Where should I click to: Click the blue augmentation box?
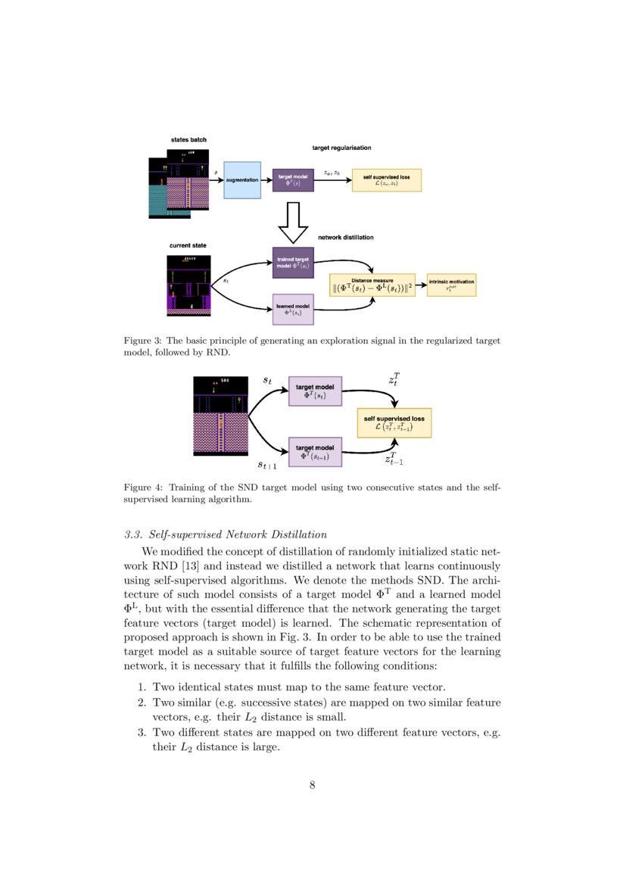coord(242,180)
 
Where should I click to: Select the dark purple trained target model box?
coord(293,263)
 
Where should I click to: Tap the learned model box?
coord(293,310)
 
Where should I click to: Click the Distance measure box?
coord(373,285)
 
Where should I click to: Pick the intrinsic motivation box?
coord(451,285)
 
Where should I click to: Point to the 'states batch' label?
coord(188,140)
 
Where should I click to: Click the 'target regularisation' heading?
coord(341,148)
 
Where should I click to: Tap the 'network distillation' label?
coord(345,237)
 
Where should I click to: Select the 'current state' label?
coord(188,245)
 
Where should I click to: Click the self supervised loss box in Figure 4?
coord(394,422)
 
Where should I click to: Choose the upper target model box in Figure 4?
coord(316,391)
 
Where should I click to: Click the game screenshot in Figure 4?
coord(221,416)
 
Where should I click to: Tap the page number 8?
coord(312,784)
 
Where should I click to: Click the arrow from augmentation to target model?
coord(266,180)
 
